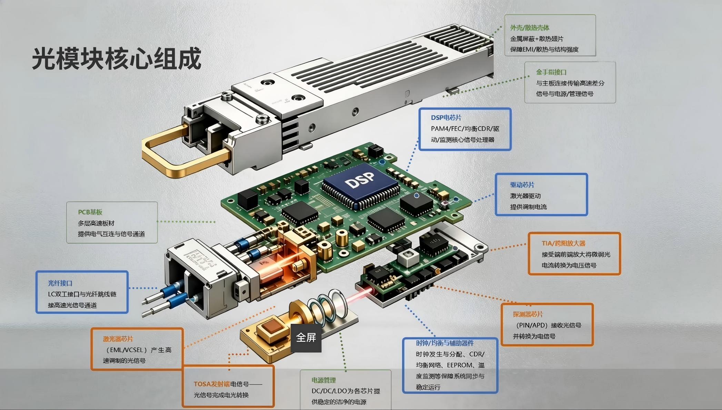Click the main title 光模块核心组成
(x=117, y=59)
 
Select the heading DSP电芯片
(x=446, y=118)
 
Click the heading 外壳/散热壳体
(x=530, y=28)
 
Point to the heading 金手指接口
(x=551, y=72)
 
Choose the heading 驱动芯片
(x=522, y=185)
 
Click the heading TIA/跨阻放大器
(x=563, y=244)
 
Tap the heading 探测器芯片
(x=528, y=314)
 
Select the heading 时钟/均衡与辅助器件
(x=445, y=343)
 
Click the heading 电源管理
(x=323, y=380)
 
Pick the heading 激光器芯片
(x=118, y=339)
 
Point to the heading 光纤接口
(x=60, y=283)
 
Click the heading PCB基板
(x=90, y=212)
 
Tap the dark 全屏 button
(x=306, y=338)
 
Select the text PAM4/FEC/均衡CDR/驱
(x=465, y=129)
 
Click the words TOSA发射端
(x=212, y=384)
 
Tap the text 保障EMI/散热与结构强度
(x=544, y=49)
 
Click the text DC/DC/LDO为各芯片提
(x=346, y=391)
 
